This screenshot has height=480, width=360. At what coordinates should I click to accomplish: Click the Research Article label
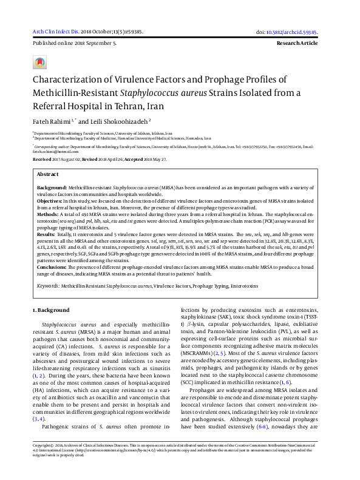[x=297, y=44]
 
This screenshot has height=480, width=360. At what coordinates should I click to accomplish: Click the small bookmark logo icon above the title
[x=40, y=63]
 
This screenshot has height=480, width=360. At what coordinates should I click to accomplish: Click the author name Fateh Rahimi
[x=52, y=122]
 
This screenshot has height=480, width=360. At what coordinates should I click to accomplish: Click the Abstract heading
[x=48, y=174]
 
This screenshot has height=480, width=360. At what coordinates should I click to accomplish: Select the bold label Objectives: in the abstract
[x=52, y=200]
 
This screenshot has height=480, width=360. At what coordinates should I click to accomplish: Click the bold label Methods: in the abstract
[x=49, y=215]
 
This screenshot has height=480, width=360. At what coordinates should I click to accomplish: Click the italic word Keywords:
[x=49, y=285]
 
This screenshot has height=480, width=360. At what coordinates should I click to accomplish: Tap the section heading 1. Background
[x=52, y=311]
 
